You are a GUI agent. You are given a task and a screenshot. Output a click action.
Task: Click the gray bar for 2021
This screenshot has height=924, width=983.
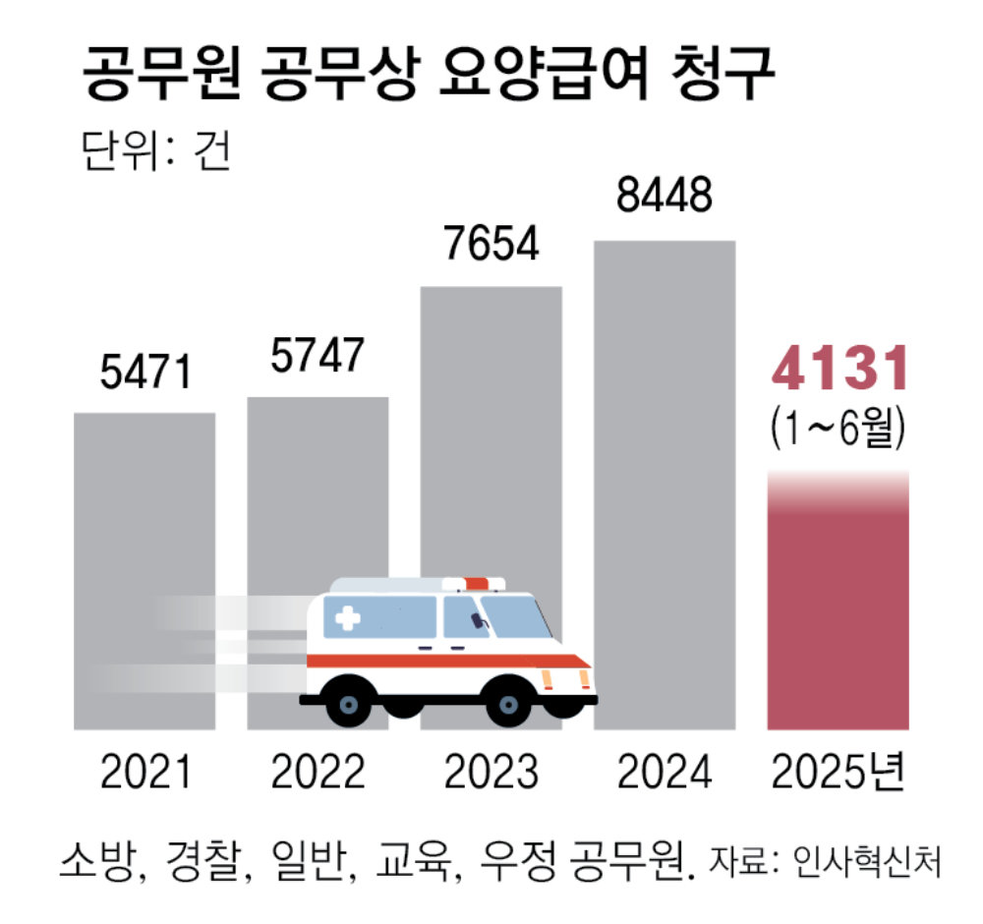(x=145, y=511)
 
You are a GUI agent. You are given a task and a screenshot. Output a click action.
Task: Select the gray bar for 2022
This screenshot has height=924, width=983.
(x=317, y=491)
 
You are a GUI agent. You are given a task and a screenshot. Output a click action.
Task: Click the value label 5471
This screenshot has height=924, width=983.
(x=145, y=374)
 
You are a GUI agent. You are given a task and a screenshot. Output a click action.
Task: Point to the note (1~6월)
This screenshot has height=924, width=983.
(x=838, y=430)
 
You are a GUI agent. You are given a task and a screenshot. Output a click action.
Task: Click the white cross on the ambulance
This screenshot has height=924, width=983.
(x=347, y=619)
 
